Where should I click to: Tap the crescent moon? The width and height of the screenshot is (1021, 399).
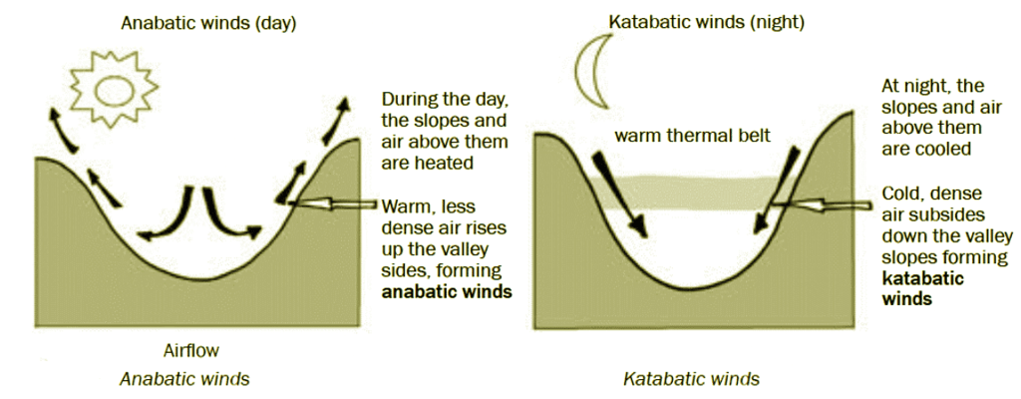coord(588,73)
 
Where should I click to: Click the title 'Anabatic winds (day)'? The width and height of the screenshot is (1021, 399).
coord(208,25)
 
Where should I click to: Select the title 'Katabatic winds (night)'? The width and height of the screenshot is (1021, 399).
coord(706,22)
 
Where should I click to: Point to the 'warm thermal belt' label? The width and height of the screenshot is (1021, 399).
coord(692,137)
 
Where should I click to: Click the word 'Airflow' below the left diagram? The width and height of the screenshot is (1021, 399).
coord(190,351)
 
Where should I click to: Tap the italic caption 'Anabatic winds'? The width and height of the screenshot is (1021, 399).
coord(184,379)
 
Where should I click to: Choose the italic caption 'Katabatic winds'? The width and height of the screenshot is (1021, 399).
coord(692,379)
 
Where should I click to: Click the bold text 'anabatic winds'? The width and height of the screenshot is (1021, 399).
coord(447,291)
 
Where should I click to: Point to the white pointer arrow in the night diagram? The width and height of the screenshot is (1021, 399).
coord(819,205)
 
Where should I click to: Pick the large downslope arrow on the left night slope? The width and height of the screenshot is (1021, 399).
coord(617,193)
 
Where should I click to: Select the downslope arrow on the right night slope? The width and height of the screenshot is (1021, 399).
coord(776,190)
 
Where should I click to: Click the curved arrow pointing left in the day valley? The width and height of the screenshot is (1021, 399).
coord(168,216)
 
